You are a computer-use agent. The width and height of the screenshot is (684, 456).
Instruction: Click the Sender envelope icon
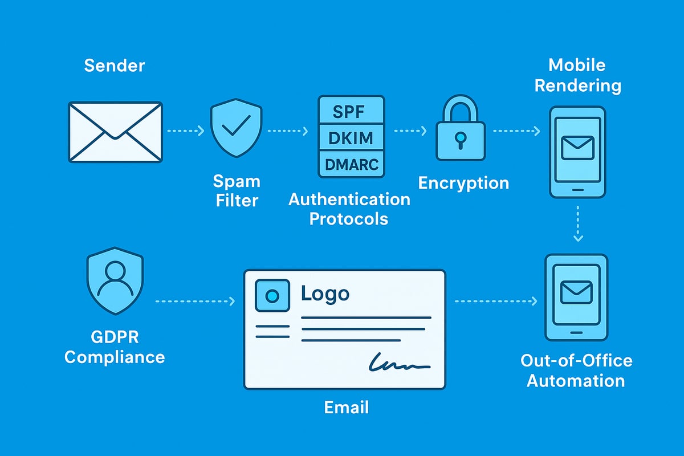pyautogui.click(x=115, y=132)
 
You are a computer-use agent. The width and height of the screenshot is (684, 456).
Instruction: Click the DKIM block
pyautogui.click(x=351, y=137)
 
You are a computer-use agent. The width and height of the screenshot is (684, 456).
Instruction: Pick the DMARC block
pyautogui.click(x=351, y=164)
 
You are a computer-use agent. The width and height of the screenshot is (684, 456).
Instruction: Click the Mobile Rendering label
pyautogui.click(x=576, y=75)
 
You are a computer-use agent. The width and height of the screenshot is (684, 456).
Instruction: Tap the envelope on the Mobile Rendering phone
pyautogui.click(x=577, y=147)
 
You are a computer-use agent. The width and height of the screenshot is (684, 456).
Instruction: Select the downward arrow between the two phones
pyautogui.click(x=577, y=223)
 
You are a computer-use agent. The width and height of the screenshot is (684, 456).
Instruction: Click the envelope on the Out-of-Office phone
pyautogui.click(x=576, y=293)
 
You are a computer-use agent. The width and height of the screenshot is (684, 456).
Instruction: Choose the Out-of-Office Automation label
pyautogui.click(x=576, y=370)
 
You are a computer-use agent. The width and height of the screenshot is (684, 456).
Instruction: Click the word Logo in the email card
pyautogui.click(x=325, y=294)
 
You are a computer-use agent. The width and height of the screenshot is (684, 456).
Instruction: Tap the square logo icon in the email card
pyautogui.click(x=272, y=295)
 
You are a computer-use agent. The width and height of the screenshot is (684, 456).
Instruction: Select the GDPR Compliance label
pyautogui.click(x=115, y=348)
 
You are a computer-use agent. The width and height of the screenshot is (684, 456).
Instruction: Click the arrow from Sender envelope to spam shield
pyautogui.click(x=185, y=131)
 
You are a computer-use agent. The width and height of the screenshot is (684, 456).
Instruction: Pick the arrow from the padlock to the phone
pyautogui.click(x=516, y=131)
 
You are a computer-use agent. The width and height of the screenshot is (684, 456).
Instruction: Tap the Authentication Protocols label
pyautogui.click(x=349, y=209)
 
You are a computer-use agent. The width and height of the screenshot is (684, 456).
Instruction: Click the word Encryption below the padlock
pyautogui.click(x=463, y=183)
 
